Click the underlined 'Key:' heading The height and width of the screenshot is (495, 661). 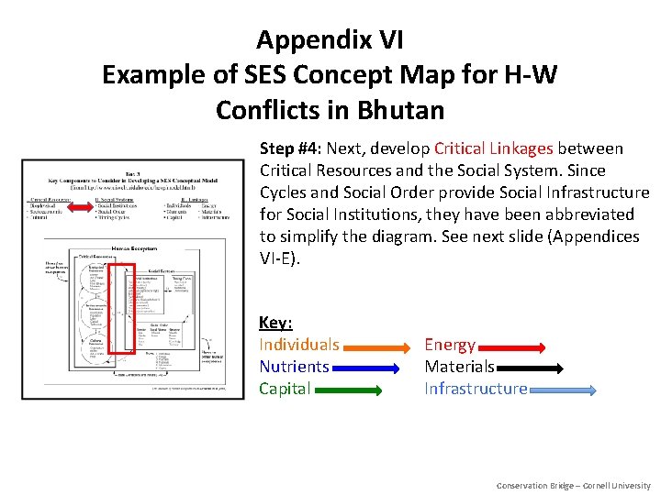pos(275,323)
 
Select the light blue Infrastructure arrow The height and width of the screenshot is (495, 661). pos(563,390)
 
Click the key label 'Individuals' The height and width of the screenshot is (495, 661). pos(299,345)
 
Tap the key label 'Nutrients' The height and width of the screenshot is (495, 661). pos(294,367)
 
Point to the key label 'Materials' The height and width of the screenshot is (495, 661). pos(459,367)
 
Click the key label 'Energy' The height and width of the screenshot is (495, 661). pos(450,345)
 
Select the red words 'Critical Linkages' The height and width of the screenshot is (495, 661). pos(494,148)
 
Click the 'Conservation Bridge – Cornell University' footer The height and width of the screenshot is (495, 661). pos(573,485)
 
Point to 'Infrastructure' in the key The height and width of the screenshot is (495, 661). pos(476,389)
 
